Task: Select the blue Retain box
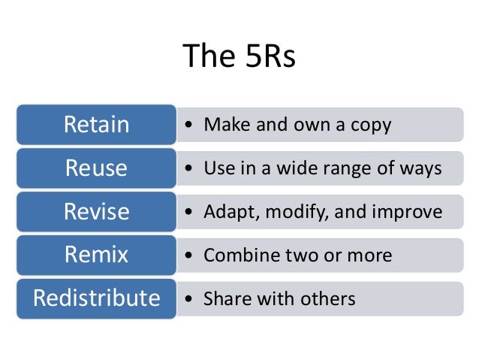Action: click(96, 124)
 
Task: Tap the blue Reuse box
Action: click(96, 168)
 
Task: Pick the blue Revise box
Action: click(96, 211)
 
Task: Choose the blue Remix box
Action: click(96, 255)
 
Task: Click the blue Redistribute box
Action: click(96, 298)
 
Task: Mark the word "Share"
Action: click(227, 298)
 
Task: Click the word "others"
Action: click(324, 298)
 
